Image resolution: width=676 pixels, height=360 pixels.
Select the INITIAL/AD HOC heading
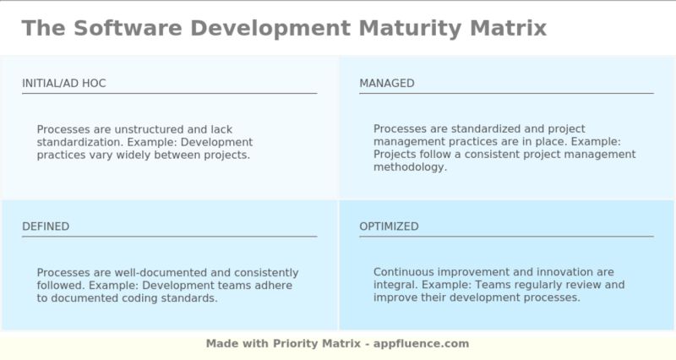pos(64,83)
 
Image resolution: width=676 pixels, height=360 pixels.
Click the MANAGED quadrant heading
pos(387,83)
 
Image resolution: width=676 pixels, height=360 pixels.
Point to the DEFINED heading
pos(46,226)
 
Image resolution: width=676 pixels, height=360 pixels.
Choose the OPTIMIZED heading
pos(389,226)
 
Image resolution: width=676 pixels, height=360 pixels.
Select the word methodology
pos(410,167)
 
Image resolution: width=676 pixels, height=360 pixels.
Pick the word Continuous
pos(403,272)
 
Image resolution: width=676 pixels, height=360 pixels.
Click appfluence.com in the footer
pos(422,344)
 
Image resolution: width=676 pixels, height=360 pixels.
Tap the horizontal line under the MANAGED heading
pos(506,93)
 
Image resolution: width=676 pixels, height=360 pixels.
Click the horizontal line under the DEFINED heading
pos(169,237)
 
